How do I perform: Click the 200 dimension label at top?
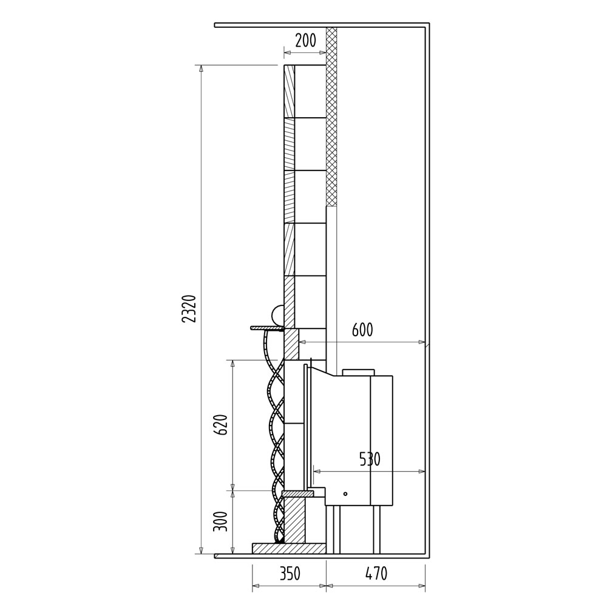[x=305, y=40]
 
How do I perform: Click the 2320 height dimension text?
[x=189, y=309]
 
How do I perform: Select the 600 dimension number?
[x=362, y=330]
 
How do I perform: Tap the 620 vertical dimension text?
[x=221, y=425]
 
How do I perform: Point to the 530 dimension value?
[x=370, y=459]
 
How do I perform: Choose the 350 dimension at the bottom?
[x=290, y=574]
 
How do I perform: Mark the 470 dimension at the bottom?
[x=376, y=574]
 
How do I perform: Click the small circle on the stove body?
[x=345, y=494]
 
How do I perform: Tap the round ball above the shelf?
[x=278, y=315]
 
